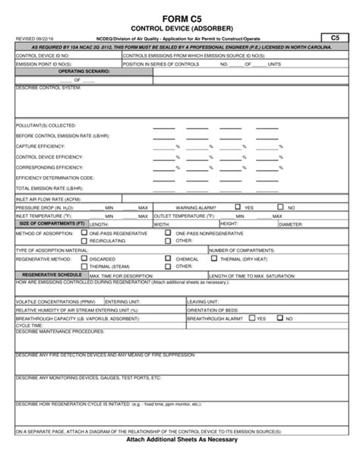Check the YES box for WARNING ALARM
[238, 206]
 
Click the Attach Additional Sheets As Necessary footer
[180, 460]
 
